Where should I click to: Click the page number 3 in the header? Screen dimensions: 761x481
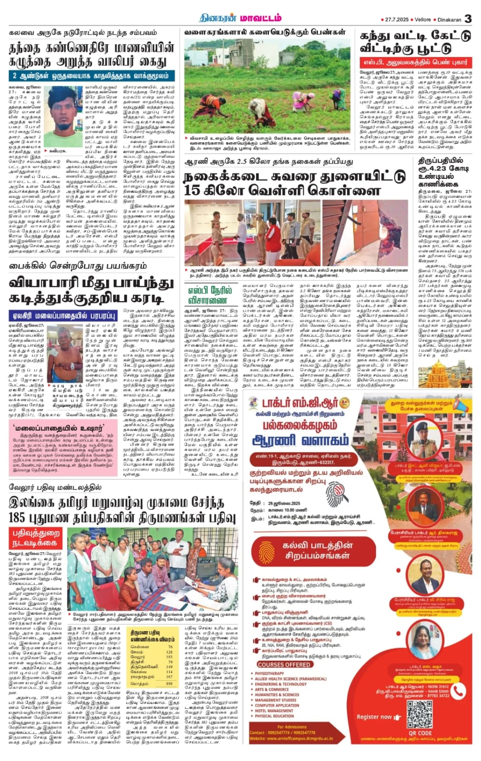coord(468,19)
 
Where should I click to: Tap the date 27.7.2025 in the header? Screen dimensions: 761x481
coord(396,20)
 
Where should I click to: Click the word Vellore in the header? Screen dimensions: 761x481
coord(423,20)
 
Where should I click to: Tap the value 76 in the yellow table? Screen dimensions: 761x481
coord(170,647)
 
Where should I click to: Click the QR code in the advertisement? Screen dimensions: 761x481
coord(420,713)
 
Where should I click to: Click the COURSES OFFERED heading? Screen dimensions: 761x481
coord(284,664)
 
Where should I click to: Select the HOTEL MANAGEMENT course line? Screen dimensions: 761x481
coord(274,711)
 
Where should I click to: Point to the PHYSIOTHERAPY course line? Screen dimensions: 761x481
coord(269,673)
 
